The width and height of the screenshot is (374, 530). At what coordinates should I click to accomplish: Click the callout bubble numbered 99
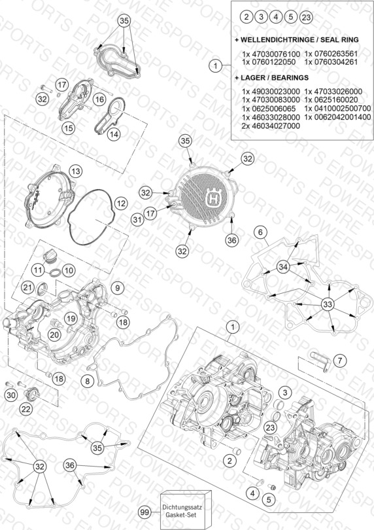pos(144,512)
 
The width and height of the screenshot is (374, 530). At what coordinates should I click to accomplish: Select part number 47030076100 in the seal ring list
pos(271,54)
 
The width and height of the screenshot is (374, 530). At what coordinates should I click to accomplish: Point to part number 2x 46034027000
pos(271,126)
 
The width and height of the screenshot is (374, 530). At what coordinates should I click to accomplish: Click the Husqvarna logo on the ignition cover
pos(212,197)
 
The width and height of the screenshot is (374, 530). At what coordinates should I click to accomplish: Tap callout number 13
pos(75,171)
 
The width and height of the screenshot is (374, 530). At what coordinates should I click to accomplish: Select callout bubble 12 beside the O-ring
pos(120,203)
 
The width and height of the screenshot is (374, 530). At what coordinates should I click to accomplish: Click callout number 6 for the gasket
pos(260,232)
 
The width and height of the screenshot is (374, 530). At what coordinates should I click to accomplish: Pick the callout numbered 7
pos(339,361)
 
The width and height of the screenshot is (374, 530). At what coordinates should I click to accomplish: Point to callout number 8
pos(87,381)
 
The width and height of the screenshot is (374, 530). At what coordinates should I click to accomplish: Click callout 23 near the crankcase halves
pos(270,427)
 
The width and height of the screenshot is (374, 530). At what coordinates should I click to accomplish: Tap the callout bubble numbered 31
pos(137,220)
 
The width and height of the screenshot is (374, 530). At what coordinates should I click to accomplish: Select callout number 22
pos(25,409)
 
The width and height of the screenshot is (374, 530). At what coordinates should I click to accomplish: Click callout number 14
pos(114,134)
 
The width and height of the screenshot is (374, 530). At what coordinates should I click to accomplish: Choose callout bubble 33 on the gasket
pos(328,304)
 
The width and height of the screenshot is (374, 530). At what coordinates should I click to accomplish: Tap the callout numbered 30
pos(11,395)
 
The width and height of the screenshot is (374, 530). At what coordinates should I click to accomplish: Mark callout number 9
pos(117,288)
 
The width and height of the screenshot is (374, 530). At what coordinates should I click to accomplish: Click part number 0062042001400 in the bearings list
pos(337,117)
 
